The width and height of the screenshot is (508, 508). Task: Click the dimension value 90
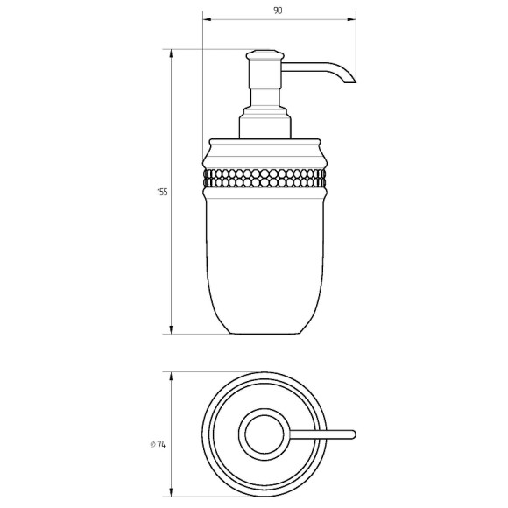click(278, 11)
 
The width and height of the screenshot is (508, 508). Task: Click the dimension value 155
click(162, 192)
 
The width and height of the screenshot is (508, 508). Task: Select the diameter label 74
click(161, 445)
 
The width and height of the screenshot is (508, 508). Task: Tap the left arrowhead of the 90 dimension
click(207, 19)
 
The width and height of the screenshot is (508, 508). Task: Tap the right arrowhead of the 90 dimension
click(351, 19)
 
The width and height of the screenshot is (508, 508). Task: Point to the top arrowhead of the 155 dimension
click(171, 53)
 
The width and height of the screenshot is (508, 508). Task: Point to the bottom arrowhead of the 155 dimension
click(171, 329)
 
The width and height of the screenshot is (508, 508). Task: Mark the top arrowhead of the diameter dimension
click(171, 377)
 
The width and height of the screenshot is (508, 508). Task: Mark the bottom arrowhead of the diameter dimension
click(171, 501)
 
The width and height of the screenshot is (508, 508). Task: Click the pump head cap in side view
click(265, 55)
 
